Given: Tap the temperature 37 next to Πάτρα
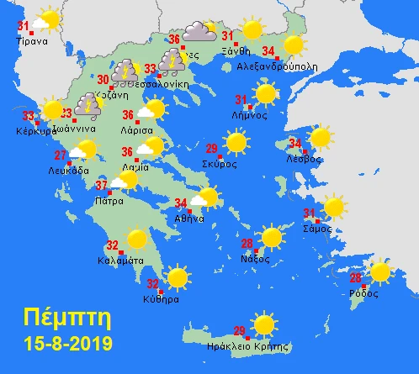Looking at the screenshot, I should point(101,186).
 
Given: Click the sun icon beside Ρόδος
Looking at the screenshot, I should point(380,271).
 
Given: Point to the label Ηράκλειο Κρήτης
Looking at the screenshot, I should point(241,345).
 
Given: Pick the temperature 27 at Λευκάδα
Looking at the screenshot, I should point(61,155).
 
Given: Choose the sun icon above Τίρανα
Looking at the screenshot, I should point(49,19).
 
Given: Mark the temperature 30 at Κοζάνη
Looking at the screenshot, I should point(103,80).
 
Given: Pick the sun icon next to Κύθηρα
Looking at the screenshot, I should point(178,277).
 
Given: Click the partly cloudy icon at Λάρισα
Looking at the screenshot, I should point(151,111).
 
